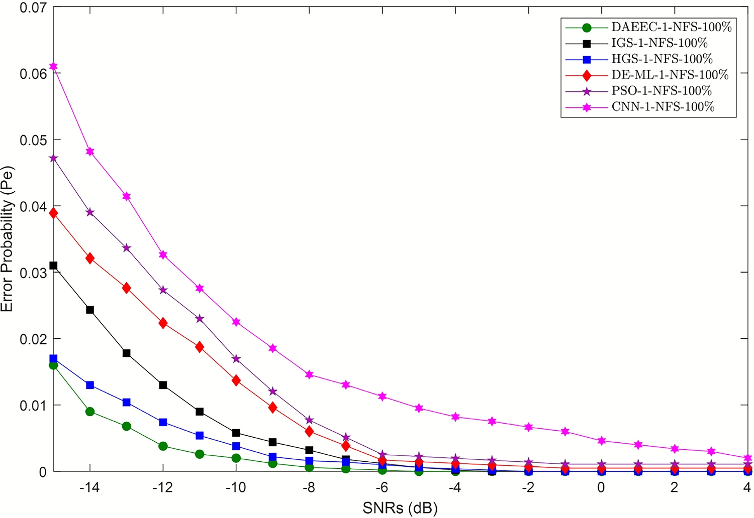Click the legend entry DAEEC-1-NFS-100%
(671, 27)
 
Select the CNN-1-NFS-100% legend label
(663, 106)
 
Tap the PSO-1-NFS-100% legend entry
(661, 91)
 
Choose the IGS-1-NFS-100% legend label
(659, 43)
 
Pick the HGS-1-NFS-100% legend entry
(662, 59)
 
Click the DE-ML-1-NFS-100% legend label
(670, 75)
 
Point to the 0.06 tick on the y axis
(33, 74)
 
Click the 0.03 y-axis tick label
(33, 273)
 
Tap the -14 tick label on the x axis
(89, 487)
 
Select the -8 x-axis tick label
(309, 487)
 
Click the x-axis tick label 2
(674, 487)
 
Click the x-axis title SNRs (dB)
(400, 508)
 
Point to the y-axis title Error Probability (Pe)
(8, 239)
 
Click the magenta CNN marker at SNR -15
(53, 66)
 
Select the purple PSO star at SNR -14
(90, 212)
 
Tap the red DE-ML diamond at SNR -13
(127, 288)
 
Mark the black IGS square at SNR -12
(163, 385)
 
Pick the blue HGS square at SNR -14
(90, 385)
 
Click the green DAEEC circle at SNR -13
(127, 426)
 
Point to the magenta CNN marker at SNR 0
(601, 441)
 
